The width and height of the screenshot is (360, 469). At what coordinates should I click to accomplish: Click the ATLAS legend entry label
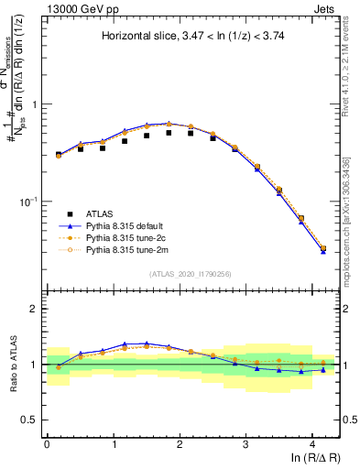pyautogui.click(x=101, y=209)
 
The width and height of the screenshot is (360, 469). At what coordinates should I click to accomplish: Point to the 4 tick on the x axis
pyautogui.click(x=312, y=442)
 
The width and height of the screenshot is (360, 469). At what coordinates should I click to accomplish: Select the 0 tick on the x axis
pyautogui.click(x=47, y=442)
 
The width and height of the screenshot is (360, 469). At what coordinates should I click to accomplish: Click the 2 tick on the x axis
pyautogui.click(x=180, y=442)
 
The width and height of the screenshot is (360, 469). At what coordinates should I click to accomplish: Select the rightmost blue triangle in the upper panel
pyautogui.click(x=322, y=250)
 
